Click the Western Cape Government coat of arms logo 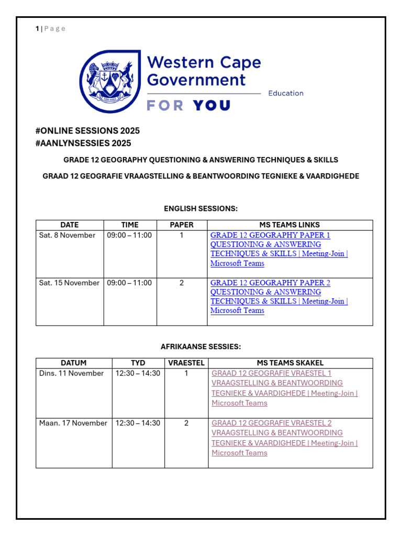tap(110, 81)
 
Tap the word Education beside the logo tap(285, 93)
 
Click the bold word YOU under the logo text tap(211, 106)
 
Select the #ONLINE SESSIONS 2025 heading tap(87, 131)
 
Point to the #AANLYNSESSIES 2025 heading tap(83, 143)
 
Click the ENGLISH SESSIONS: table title tap(201, 209)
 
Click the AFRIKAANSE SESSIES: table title tap(201, 347)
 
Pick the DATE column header tap(70, 225)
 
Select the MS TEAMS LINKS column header tap(289, 225)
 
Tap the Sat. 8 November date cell tap(67, 236)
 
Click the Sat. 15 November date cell tap(69, 283)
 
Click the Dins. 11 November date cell tap(71, 374)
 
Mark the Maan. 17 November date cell tap(73, 423)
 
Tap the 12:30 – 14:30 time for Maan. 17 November tap(138, 423)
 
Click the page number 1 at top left tap(37, 29)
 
